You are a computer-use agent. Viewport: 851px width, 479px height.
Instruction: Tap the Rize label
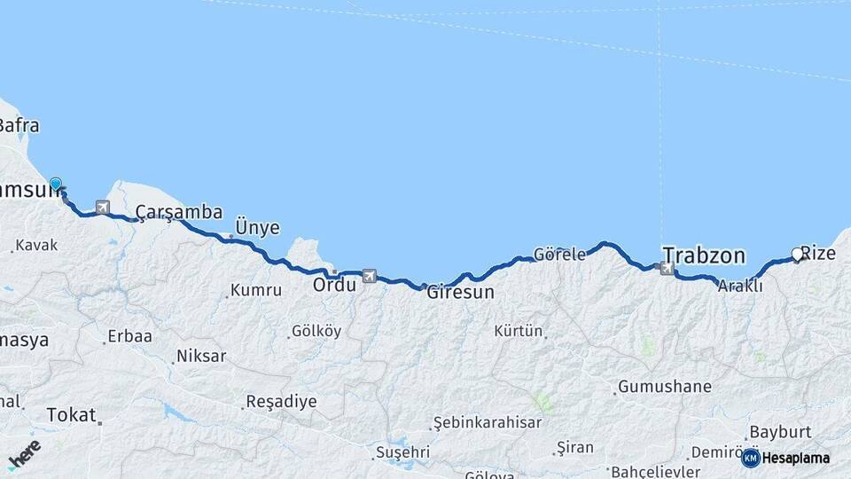(x=819, y=253)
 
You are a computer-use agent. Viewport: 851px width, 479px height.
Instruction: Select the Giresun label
(x=460, y=291)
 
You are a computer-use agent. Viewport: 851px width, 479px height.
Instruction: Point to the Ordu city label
(x=334, y=285)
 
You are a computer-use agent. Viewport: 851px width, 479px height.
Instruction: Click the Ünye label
(x=257, y=228)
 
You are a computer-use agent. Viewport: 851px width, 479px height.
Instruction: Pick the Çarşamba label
(x=179, y=212)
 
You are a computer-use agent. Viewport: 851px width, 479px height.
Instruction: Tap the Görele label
(x=559, y=254)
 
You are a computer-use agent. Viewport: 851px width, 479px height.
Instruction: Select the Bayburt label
(x=780, y=432)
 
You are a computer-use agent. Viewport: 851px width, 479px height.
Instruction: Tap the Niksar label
(x=201, y=356)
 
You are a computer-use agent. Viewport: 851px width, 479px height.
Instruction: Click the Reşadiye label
(x=280, y=401)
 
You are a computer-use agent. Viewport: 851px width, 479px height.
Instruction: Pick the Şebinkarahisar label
(x=487, y=422)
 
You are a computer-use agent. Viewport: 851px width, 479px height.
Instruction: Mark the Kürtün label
(x=519, y=331)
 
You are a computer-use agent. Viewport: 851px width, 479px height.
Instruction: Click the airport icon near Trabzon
(x=668, y=268)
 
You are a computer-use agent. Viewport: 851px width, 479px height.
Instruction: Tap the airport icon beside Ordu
(x=369, y=276)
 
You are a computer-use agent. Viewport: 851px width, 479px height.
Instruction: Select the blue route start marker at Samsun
(x=56, y=185)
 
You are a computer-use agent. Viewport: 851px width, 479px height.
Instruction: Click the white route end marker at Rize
(x=797, y=255)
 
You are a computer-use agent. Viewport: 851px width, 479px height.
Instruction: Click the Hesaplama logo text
(x=795, y=458)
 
